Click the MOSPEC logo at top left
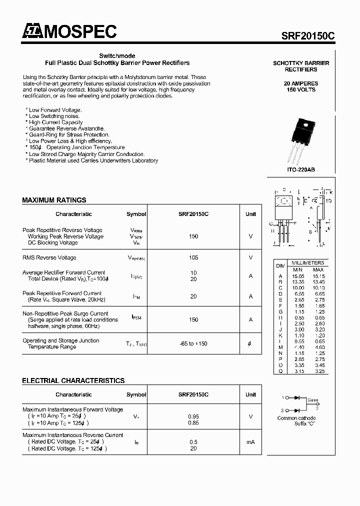coord(69,31)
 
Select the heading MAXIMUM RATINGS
coord(54,200)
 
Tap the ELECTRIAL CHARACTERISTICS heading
coord(73,380)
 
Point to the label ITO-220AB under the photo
coord(300,170)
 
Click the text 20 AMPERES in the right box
coord(301,83)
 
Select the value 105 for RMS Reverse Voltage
coord(193,258)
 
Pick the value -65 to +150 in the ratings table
coord(193,343)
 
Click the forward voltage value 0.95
coord(193,416)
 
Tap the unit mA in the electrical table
coord(250,442)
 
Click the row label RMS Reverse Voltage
coord(49,258)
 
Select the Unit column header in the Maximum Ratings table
coord(250,214)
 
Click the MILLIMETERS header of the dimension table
coord(308,263)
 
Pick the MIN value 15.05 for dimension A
coord(298,275)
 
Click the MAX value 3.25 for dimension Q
coord(318,371)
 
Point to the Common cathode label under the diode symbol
coord(296,418)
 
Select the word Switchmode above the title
coord(117,56)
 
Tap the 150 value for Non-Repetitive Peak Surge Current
coord(193,319)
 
